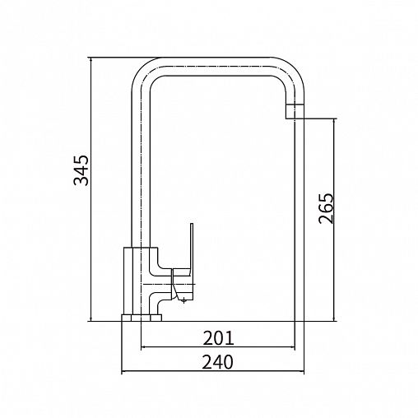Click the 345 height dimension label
81,170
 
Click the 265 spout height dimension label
327,208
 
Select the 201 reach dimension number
218,338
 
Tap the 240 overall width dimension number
218,362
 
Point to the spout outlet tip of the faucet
295,111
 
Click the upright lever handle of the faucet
192,246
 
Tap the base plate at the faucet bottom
142,318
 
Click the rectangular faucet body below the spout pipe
141,281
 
